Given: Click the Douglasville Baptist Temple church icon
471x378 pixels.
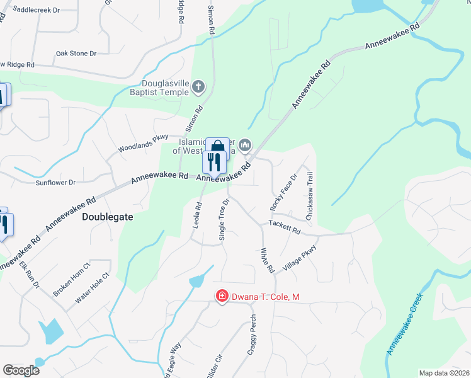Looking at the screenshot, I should click(198, 86).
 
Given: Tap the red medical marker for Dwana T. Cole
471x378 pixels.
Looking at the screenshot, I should click(222, 295).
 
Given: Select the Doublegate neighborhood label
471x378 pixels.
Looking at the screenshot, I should click(108, 216).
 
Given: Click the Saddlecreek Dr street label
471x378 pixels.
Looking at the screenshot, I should click(36, 10).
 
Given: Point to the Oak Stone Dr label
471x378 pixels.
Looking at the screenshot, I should click(76, 54).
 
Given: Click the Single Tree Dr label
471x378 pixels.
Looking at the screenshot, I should click(222, 218).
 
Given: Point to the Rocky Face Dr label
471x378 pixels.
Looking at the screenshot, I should click(282, 192).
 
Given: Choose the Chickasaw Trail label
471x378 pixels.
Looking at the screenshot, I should click(309, 196).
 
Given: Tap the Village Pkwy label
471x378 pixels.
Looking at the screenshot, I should click(298, 258).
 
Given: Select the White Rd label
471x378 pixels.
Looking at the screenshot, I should click(268, 260).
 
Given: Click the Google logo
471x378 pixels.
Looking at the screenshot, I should click(21, 370).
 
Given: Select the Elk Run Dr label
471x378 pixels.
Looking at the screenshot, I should click(28, 276).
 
